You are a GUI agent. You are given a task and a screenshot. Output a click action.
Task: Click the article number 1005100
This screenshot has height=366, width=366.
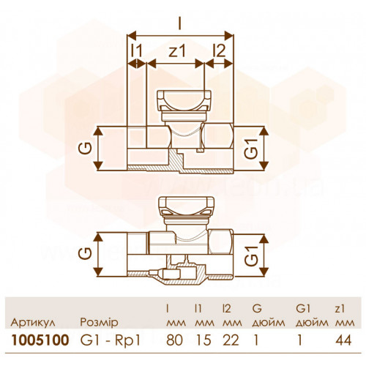[40, 340]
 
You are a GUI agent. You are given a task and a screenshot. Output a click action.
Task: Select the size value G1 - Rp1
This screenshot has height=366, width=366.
[111, 340]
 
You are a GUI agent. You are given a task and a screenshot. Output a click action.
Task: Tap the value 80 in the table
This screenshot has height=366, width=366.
[174, 340]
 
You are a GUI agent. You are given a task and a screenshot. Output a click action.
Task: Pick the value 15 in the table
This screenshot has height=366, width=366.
[203, 340]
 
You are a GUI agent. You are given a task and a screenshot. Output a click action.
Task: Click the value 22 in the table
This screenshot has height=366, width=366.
[231, 340]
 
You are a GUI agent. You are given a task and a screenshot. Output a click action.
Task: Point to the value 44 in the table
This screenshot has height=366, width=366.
[343, 340]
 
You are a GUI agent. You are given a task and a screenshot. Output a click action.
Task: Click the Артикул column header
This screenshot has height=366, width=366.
[33, 323]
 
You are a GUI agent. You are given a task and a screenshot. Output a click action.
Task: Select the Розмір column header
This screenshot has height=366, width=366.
[99, 323]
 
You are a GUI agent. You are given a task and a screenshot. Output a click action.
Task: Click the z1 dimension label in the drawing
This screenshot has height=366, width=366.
[177, 51]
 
